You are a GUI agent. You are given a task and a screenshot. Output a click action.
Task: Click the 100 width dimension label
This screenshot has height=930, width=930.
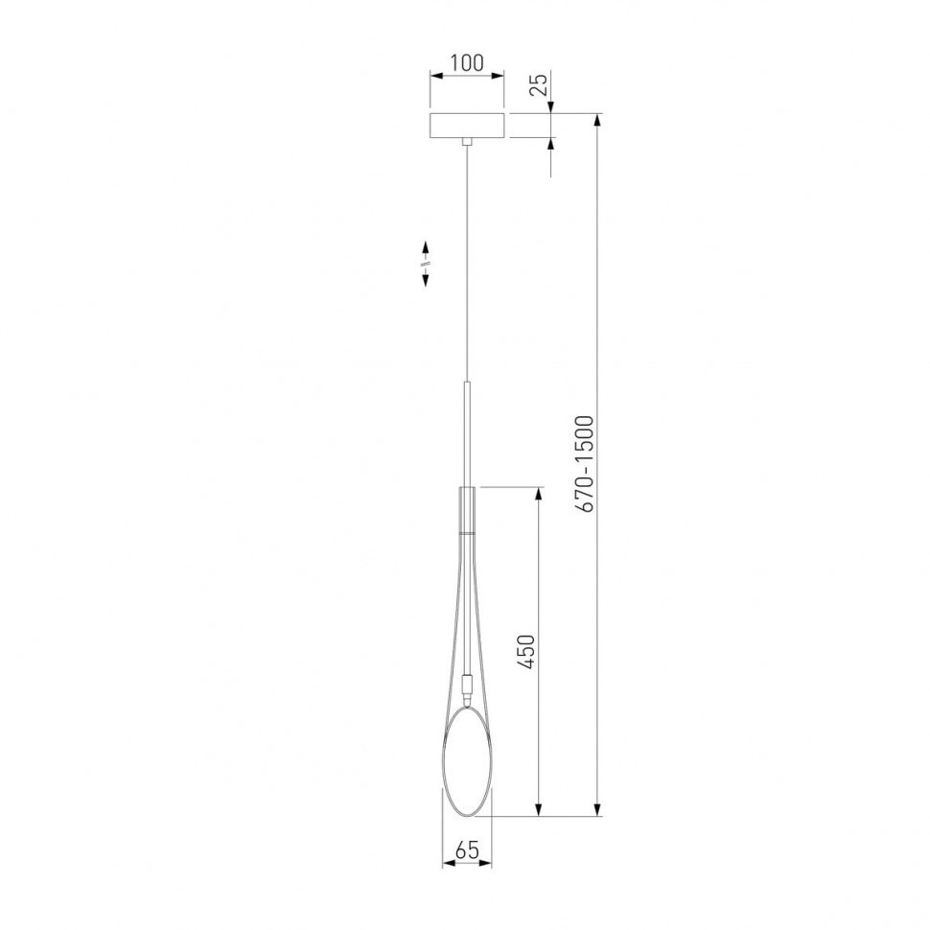(466, 63)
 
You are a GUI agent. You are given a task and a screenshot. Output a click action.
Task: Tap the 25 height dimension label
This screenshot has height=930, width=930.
(539, 86)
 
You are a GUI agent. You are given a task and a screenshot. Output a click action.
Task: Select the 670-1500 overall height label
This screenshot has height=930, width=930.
(587, 462)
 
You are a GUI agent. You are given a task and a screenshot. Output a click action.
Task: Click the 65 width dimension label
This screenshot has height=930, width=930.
(467, 849)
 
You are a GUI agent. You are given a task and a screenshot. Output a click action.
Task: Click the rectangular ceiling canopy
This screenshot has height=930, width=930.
(467, 126)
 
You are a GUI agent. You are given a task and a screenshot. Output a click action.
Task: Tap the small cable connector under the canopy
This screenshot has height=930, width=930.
(467, 142)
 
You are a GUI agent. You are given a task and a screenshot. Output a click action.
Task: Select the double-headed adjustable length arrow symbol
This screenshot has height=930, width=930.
(425, 261)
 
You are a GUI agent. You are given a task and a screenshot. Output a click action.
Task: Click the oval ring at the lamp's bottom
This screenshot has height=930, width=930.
(467, 761)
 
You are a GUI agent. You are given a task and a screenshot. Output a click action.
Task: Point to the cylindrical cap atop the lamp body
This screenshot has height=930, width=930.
(467, 509)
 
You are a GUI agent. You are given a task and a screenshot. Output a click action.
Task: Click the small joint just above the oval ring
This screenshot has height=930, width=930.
(467, 686)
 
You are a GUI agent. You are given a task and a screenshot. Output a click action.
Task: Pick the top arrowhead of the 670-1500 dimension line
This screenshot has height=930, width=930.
(598, 120)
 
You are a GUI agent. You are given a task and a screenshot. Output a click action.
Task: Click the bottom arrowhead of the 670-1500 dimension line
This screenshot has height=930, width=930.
(598, 810)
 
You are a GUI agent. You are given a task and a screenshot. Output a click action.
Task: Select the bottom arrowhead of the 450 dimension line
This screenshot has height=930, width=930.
(539, 810)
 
